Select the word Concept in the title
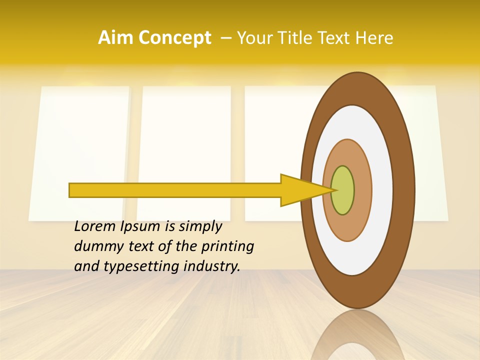click(x=174, y=38)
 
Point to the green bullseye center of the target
click(x=343, y=190)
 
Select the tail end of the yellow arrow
click(x=70, y=190)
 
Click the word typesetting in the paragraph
click(x=134, y=267)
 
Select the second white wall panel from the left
click(x=184, y=150)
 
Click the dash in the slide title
click(x=226, y=38)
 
